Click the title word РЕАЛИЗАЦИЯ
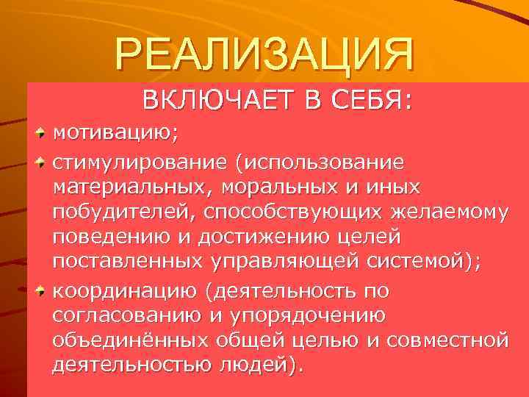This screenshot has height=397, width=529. [x=264, y=54]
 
